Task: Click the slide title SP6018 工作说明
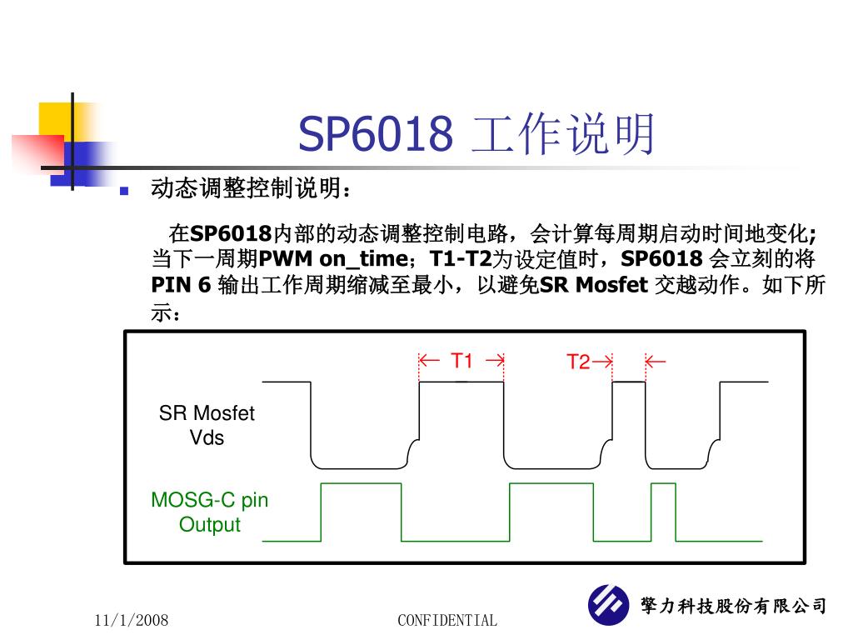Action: [x=476, y=135]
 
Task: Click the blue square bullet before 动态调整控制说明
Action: [x=125, y=191]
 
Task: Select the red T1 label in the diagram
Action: [x=461, y=361]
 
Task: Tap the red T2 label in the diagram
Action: [x=578, y=362]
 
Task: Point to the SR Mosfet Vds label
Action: [x=207, y=425]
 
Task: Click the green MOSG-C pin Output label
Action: [x=209, y=512]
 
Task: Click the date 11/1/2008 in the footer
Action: [x=132, y=620]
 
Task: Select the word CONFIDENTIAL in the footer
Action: [x=447, y=620]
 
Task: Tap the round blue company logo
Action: [x=609, y=605]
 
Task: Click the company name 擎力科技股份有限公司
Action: [x=733, y=606]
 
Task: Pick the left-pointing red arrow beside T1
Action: [x=429, y=361]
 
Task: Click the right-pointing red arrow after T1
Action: [x=493, y=361]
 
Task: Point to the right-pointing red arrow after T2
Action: [x=603, y=362]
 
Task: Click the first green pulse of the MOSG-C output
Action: [x=361, y=510]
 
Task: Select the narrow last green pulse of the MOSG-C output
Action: [x=663, y=510]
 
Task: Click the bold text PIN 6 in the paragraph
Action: [x=181, y=286]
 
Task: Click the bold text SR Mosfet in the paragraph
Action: [x=594, y=286]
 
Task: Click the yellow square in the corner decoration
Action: [x=55, y=119]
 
